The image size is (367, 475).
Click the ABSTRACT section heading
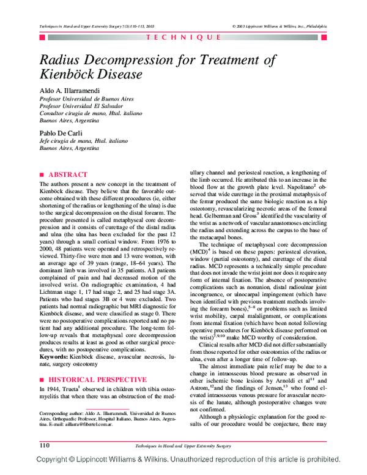tap(68, 174)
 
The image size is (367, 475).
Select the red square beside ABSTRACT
tap(42, 174)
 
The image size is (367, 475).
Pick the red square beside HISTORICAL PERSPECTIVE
tap(42, 362)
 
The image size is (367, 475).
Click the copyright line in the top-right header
tap(279, 26)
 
